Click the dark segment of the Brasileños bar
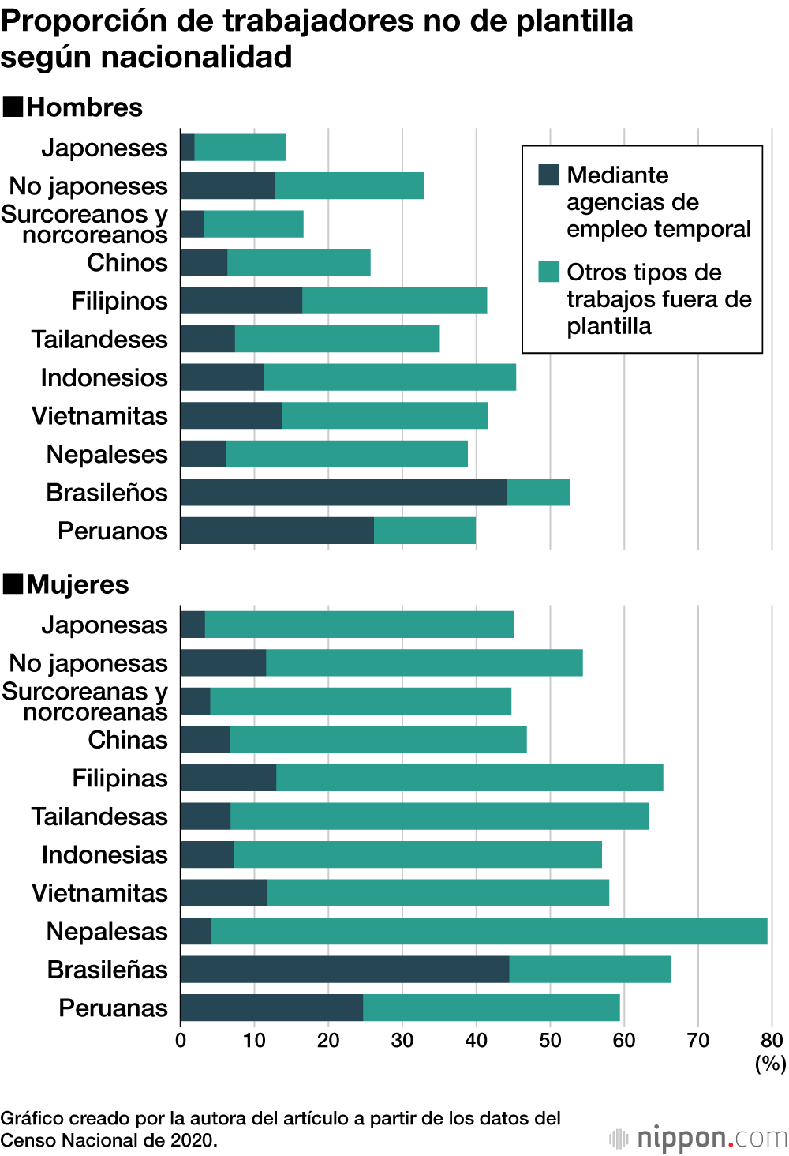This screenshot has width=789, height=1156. (343, 492)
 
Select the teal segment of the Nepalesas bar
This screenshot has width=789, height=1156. (489, 931)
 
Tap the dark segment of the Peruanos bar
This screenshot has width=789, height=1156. (277, 531)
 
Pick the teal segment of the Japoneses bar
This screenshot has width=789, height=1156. (240, 148)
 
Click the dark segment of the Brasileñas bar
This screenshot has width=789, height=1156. (345, 969)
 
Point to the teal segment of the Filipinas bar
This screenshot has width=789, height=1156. (469, 778)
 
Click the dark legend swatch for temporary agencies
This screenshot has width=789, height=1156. (548, 175)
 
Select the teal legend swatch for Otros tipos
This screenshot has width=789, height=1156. (548, 272)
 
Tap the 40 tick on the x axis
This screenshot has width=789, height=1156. (476, 1040)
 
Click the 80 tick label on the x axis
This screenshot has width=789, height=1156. (772, 1040)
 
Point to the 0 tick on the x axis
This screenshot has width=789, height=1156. (181, 1040)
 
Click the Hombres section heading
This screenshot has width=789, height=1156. (84, 107)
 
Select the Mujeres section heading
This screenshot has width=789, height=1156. (77, 584)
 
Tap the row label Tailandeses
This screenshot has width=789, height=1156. (99, 340)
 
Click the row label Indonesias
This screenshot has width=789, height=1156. (104, 854)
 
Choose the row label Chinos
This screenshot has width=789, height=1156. (127, 263)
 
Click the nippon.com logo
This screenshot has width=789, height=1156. (698, 1138)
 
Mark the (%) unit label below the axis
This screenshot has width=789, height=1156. (770, 1063)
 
